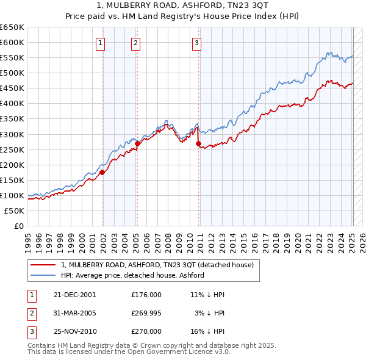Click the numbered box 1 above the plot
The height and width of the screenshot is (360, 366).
[x=100, y=43]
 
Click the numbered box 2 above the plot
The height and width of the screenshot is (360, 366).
[x=135, y=43]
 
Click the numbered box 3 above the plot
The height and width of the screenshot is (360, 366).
[x=197, y=43]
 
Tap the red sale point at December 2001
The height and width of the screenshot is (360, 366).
[x=102, y=172]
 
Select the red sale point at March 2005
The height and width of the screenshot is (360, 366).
[x=138, y=143]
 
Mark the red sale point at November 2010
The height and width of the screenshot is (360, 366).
[x=199, y=143]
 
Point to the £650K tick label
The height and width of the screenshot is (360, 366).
[x=12, y=27]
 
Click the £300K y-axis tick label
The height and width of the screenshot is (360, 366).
[x=12, y=134]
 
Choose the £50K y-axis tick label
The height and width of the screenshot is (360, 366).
[x=14, y=211]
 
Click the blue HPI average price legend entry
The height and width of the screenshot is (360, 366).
[x=132, y=275]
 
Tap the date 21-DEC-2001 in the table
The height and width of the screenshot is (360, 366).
[x=74, y=294]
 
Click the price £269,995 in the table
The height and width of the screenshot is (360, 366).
[x=146, y=313]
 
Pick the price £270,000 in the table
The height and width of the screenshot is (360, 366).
[x=146, y=331]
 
